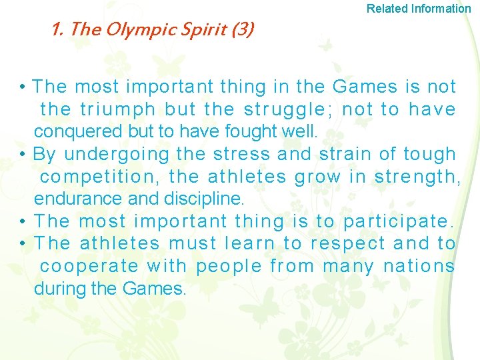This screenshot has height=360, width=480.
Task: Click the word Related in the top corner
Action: coord(387,9)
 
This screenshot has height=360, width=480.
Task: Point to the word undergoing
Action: coord(117,154)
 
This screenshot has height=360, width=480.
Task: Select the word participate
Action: coord(398,221)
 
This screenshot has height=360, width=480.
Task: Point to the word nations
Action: coord(419,267)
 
